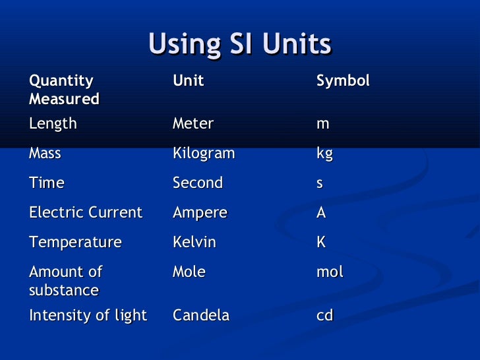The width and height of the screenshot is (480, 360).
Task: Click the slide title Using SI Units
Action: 239,45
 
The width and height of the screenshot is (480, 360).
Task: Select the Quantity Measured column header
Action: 64,90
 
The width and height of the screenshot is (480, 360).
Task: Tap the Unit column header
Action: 188,81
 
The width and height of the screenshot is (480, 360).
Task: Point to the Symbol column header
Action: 343,81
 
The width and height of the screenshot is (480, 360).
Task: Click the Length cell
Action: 53,124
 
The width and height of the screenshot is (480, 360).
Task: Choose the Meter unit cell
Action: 193,124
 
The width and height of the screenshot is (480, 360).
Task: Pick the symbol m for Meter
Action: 323,124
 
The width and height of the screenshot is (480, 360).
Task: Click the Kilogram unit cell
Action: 204,154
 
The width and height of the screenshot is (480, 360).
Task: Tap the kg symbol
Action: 324,154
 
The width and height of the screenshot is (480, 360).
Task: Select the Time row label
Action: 46,183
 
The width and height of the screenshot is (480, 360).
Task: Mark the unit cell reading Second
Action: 198,183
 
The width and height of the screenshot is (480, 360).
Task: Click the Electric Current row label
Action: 85,213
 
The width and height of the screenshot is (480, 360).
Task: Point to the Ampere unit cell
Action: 200,213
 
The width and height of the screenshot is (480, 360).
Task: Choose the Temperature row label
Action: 75,243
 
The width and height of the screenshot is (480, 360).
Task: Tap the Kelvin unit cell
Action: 195,243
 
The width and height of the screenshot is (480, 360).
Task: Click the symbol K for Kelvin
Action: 321,243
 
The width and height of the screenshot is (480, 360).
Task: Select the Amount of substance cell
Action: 65,281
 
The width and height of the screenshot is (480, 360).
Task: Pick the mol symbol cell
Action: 330,272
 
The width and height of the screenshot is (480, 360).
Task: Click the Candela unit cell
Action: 201,316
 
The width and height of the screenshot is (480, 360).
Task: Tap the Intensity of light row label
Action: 88,316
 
